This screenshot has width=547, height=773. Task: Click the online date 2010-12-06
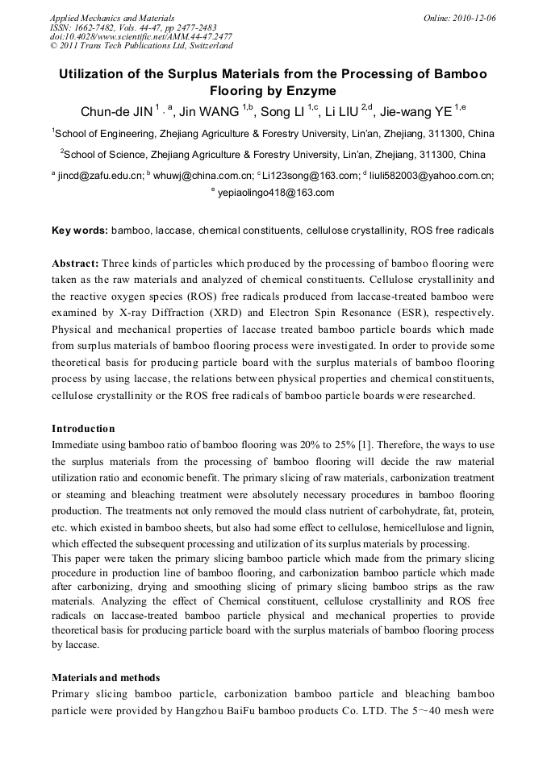pyautogui.click(x=471, y=17)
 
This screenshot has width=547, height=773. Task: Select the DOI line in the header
pyautogui.click(x=140, y=37)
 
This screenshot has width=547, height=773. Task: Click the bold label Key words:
pyautogui.click(x=79, y=231)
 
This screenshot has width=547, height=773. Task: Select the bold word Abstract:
pyautogui.click(x=75, y=264)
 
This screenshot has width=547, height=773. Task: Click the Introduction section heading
pyautogui.click(x=83, y=428)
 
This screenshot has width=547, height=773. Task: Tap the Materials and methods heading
pyautogui.click(x=106, y=677)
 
